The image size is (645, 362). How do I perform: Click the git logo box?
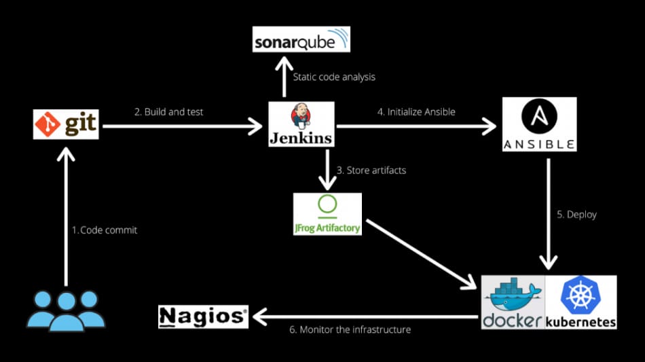(66, 124)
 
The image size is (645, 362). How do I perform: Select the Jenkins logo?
(301, 124)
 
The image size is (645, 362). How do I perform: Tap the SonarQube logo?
(301, 39)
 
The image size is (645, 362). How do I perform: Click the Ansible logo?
(539, 124)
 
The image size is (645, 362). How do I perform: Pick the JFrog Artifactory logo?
(327, 214)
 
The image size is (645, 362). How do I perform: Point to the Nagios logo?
(203, 316)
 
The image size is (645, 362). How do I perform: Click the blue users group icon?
(65, 311)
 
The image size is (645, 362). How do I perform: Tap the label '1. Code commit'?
(105, 230)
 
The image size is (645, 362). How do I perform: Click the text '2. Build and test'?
(168, 111)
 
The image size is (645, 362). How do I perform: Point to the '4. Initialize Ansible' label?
(416, 111)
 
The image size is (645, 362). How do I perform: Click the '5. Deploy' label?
(576, 214)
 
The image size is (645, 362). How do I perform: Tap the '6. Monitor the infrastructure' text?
(350, 329)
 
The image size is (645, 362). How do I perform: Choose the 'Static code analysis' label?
(334, 77)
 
